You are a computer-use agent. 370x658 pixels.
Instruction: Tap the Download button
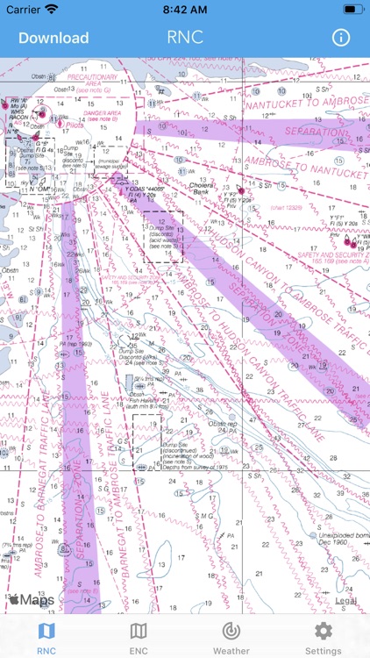53,38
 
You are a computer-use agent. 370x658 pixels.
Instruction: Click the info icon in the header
340,38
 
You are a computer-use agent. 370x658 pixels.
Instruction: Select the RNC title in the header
185,38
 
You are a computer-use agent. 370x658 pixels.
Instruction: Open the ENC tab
139,638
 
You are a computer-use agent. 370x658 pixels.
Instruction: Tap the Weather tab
231,638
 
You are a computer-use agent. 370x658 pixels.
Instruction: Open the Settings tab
323,638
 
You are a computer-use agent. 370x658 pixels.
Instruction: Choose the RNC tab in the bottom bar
46,638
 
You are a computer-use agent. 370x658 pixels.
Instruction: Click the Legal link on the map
345,601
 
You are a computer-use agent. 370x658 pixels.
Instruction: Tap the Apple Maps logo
32,600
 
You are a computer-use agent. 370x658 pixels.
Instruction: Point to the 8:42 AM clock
185,9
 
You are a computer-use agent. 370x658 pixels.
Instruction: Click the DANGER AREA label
100,112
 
